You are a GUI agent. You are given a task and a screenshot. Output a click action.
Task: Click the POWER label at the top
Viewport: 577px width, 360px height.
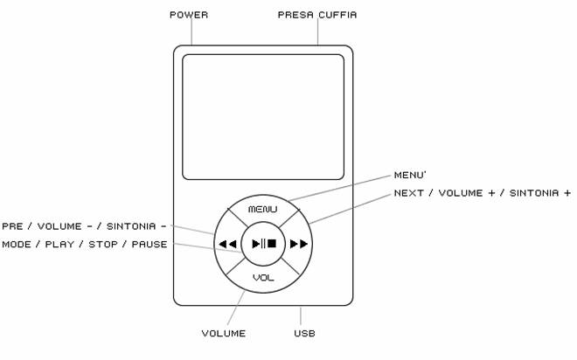pyautogui.click(x=189, y=15)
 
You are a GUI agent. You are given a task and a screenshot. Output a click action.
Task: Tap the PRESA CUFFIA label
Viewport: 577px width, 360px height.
pyautogui.click(x=317, y=15)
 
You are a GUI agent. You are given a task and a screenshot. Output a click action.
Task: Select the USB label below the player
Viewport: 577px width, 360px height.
pyautogui.click(x=304, y=333)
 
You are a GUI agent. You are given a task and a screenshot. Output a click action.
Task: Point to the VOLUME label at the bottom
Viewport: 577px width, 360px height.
pyautogui.click(x=224, y=333)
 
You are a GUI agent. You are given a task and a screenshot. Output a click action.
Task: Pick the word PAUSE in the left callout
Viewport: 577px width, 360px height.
pyautogui.click(x=149, y=244)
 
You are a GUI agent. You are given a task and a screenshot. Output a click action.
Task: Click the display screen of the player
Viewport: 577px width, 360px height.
pyautogui.click(x=263, y=116)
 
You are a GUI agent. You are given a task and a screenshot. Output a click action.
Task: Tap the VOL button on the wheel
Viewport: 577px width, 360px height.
pyautogui.click(x=263, y=277)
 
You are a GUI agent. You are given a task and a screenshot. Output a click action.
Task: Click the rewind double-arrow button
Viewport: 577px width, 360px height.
pyautogui.click(x=227, y=244)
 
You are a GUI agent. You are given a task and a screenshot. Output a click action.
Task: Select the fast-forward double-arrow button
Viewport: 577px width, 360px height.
pyautogui.click(x=299, y=244)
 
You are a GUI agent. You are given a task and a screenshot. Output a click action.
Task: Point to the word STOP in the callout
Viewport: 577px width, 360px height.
pyautogui.click(x=103, y=244)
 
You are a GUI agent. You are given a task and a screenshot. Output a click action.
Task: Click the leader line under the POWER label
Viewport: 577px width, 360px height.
pyautogui.click(x=190, y=33)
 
